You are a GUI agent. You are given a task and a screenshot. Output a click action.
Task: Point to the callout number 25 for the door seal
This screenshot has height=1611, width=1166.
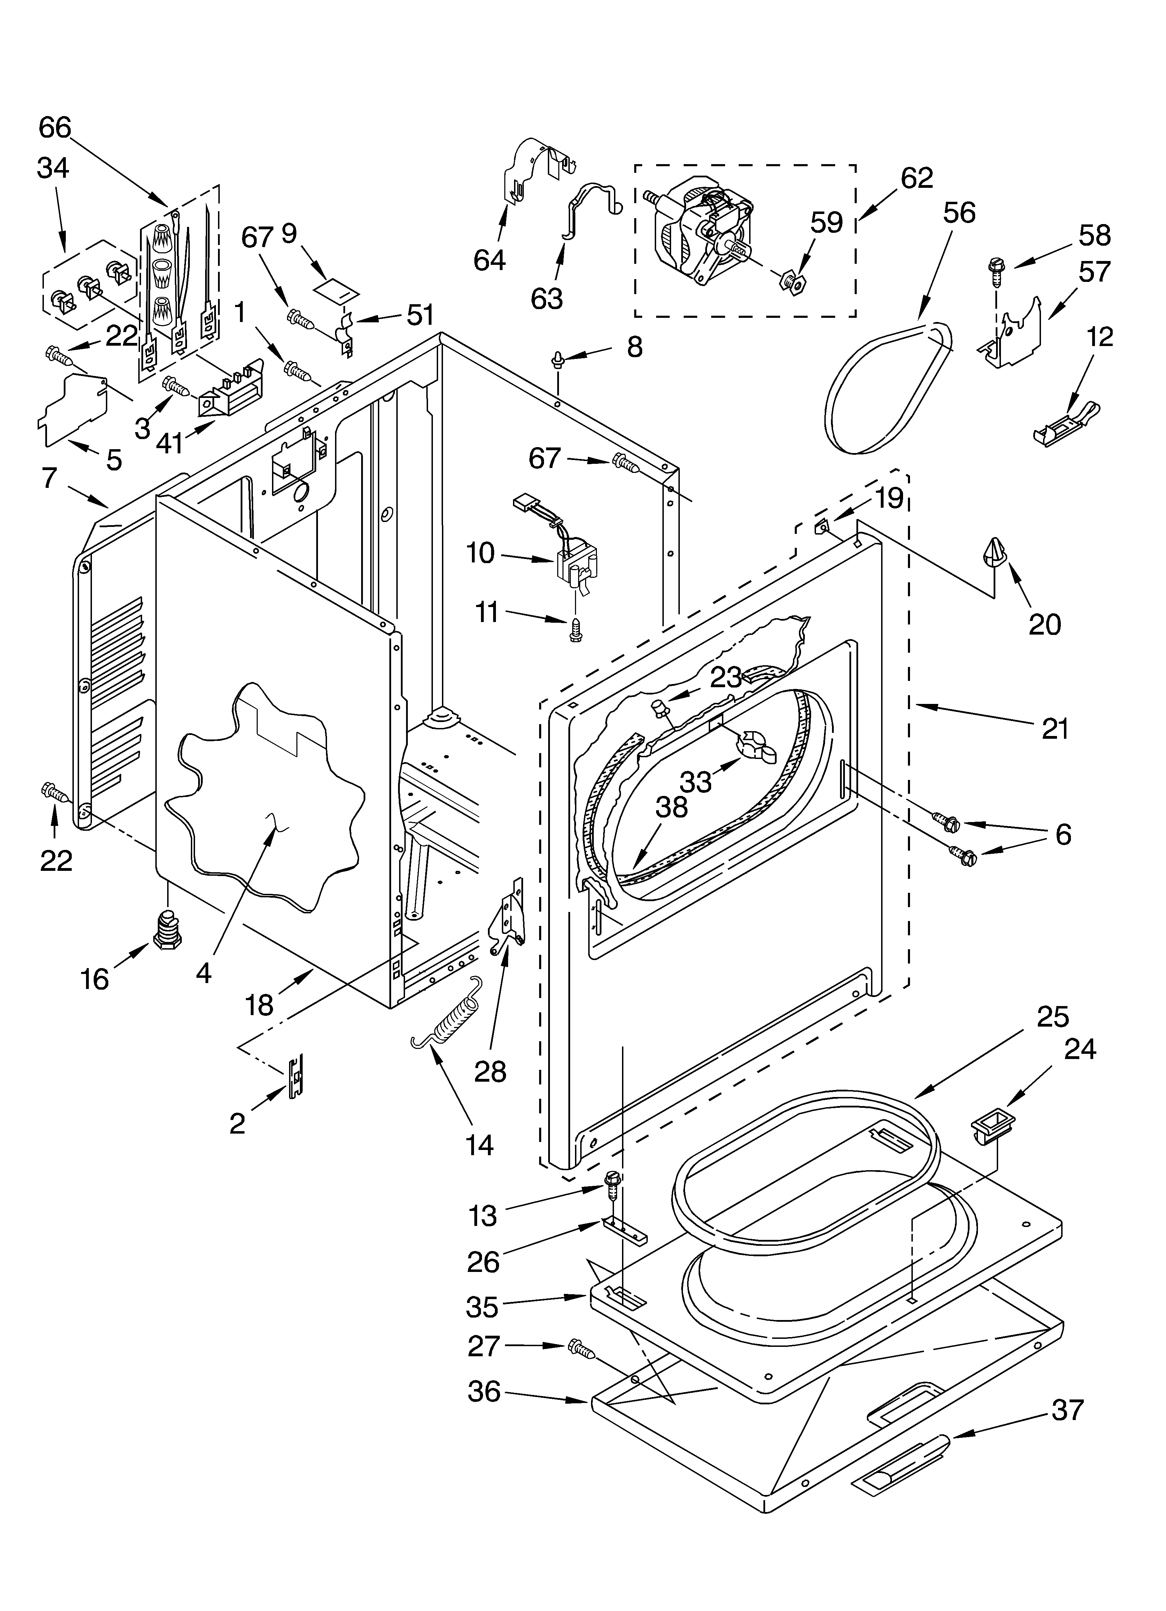point(1052,1017)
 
